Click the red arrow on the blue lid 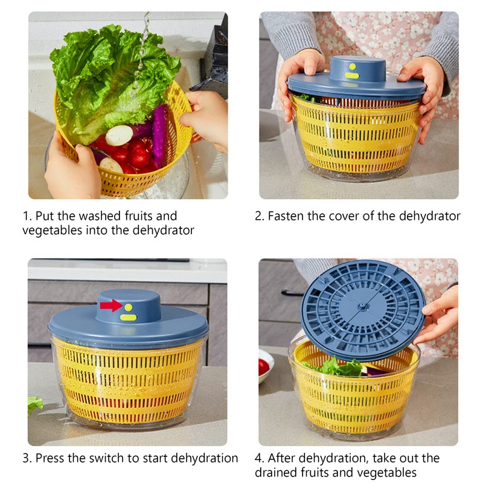tap(111, 305)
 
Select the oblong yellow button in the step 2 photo tap(352, 75)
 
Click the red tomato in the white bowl tap(264, 366)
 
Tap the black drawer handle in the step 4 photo tap(292, 293)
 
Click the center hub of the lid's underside tap(362, 307)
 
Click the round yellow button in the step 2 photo tap(352, 66)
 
